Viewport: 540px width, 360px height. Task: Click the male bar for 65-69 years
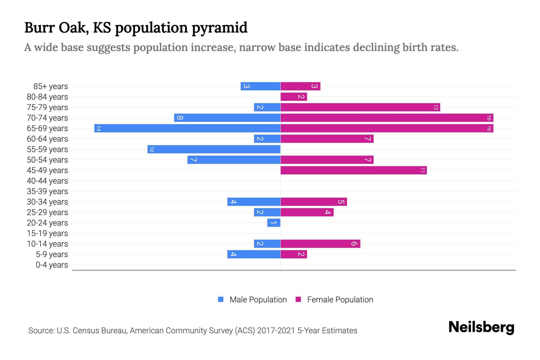coord(187,128)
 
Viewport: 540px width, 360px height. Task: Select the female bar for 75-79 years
coord(360,107)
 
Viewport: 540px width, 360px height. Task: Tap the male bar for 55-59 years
coord(214,149)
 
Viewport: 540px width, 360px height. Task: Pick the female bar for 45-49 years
coord(353,170)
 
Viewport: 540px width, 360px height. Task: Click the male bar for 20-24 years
coord(274,223)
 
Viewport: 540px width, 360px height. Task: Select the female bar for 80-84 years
coord(294,97)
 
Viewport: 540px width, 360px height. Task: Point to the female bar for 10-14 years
coord(320,244)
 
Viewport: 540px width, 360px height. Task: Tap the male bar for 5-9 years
coord(254,254)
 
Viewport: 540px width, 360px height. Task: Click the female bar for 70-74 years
coord(387,118)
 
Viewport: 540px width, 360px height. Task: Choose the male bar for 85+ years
coord(260,86)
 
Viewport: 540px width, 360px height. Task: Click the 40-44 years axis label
coord(47,181)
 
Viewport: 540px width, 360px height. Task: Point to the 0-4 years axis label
coord(52,265)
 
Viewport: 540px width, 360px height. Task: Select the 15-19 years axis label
coord(47,233)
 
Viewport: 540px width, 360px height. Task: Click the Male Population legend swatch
coord(221,299)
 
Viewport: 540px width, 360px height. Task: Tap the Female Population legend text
coord(340,300)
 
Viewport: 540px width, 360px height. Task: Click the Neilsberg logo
coord(481,327)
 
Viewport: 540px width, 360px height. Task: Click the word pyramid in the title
coord(219,28)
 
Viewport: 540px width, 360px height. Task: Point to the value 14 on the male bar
coord(98,128)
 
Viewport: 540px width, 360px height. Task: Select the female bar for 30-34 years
coord(313,202)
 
